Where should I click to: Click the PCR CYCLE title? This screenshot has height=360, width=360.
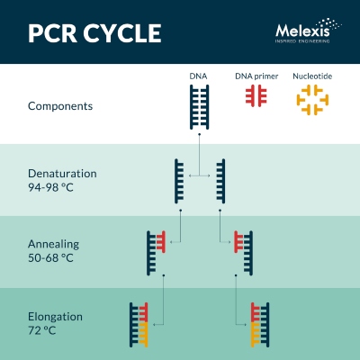[x=94, y=33]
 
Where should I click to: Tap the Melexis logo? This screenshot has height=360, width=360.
[x=308, y=31]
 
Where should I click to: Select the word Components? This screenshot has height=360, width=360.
[x=60, y=106]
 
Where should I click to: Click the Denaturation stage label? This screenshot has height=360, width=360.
[x=62, y=174]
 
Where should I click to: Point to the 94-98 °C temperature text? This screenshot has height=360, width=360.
[x=50, y=187]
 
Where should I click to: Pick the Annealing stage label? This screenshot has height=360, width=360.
[x=54, y=244]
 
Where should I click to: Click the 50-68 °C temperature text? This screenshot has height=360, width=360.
[x=50, y=257]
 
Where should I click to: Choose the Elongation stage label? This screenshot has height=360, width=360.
[x=55, y=317]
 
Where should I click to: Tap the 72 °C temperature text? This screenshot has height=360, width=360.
[x=42, y=330]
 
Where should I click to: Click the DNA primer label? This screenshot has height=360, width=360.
[x=256, y=76]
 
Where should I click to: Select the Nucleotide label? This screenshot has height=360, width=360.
[x=312, y=76]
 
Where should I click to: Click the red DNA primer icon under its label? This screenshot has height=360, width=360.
[x=256, y=95]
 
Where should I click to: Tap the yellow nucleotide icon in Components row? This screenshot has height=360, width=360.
[x=312, y=100]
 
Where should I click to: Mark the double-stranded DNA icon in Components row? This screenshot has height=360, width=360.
[x=199, y=107]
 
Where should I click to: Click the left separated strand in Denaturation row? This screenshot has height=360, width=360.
[x=179, y=181]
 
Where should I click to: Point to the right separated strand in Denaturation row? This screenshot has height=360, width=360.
[x=220, y=181]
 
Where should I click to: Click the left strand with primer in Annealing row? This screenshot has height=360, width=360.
[x=156, y=253]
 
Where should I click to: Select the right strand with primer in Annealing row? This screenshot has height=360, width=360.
[x=243, y=253]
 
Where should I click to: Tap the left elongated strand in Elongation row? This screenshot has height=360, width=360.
[x=139, y=325]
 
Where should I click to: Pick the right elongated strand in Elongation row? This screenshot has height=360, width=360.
[x=260, y=325]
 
